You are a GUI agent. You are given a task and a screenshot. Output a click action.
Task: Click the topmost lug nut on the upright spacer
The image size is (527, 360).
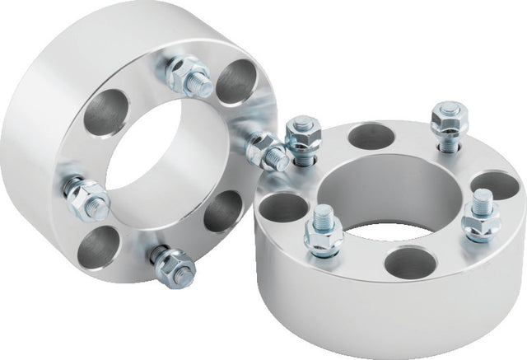coord(188,77)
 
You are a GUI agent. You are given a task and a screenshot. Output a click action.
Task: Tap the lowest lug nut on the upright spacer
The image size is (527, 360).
coord(174,264)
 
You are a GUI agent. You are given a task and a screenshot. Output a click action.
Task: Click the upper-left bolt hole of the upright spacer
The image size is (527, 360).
coord(106,112)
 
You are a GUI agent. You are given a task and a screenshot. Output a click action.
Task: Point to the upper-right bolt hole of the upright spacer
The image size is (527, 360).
coord(236,82)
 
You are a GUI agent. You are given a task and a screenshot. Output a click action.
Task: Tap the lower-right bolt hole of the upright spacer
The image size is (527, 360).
coord(223,211)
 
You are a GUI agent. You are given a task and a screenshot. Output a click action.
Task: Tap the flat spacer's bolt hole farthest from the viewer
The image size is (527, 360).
coord(371,136)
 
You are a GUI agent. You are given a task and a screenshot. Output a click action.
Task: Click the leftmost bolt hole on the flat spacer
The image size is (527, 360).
coord(283,207)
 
